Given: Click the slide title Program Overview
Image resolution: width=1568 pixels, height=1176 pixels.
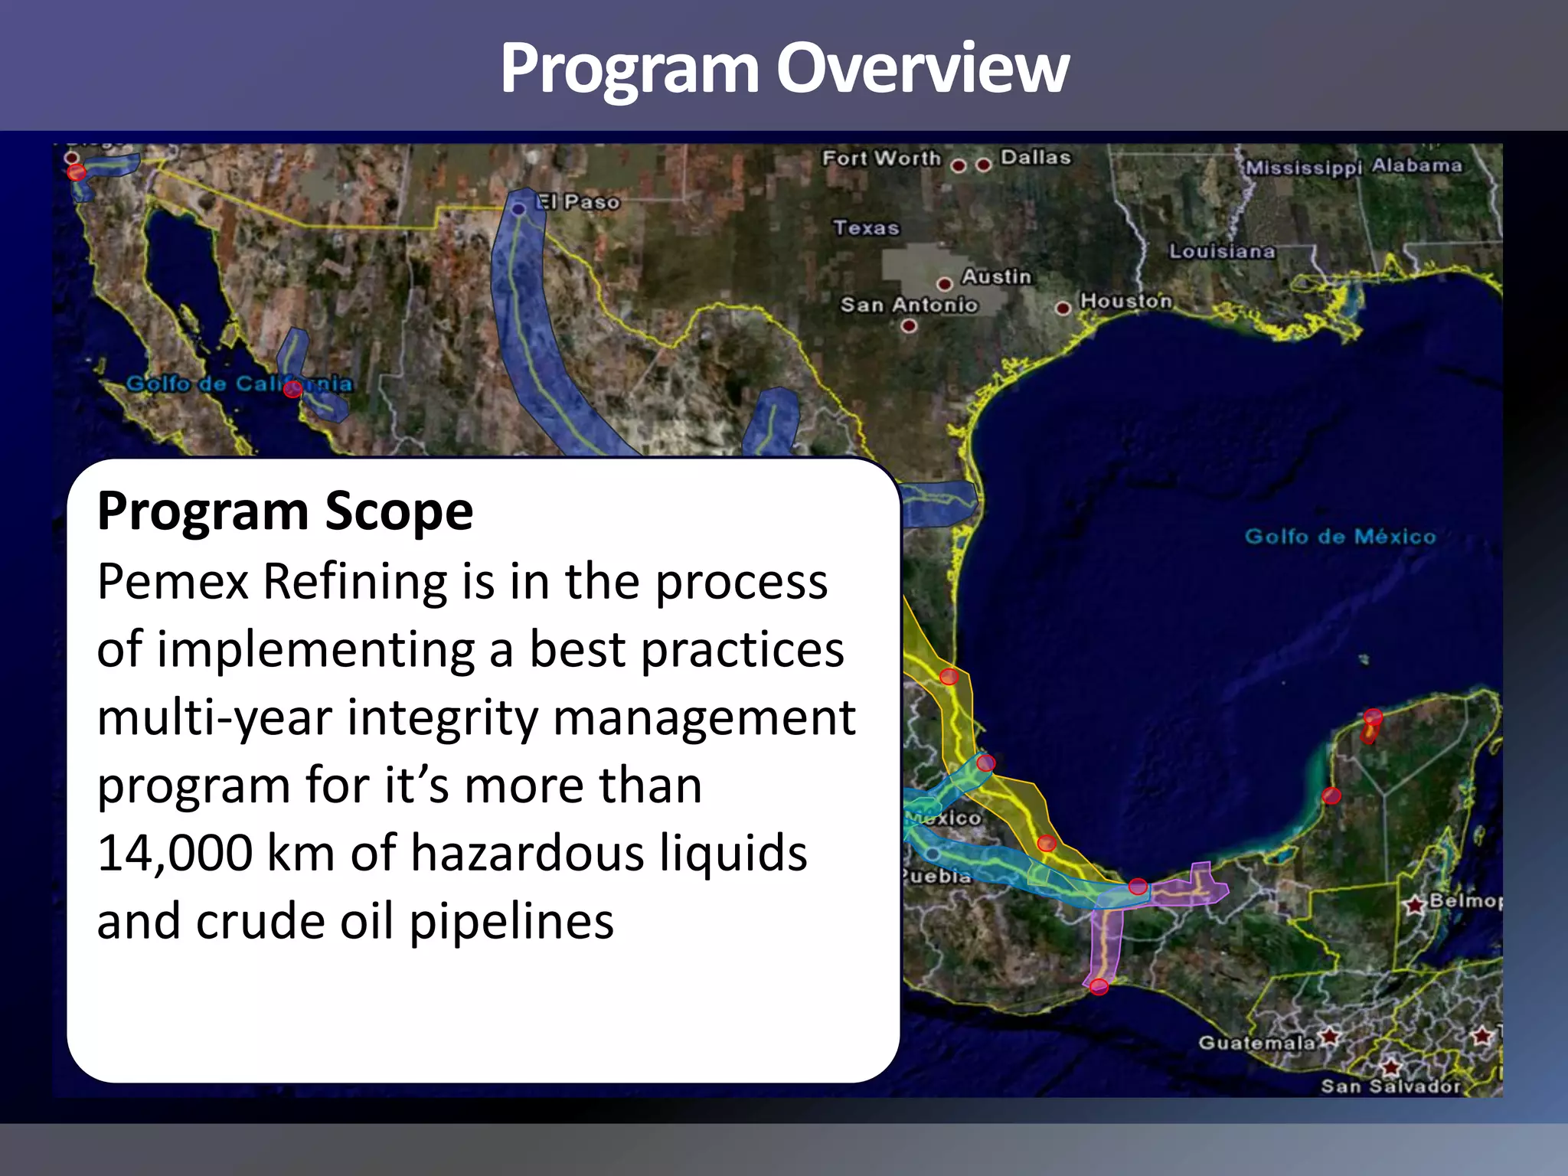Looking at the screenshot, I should (784, 69).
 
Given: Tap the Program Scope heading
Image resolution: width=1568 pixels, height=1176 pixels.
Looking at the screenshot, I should (285, 511).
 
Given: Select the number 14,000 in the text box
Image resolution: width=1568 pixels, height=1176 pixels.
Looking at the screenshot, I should (175, 853).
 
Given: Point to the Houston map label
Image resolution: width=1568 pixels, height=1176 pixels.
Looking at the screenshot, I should (1125, 301).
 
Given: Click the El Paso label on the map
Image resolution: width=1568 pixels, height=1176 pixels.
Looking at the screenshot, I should (577, 202).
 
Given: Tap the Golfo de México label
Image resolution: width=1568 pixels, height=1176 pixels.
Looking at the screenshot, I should (1340, 536).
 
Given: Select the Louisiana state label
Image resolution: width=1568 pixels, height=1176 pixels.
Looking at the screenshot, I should (1222, 251).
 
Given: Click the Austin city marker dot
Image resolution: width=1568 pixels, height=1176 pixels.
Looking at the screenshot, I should (945, 284).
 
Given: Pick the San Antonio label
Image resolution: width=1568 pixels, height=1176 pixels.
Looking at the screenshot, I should (909, 305).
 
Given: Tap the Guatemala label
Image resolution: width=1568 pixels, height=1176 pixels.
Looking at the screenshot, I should (1256, 1043).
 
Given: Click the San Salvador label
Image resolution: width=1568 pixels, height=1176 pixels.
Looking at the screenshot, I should (1390, 1086).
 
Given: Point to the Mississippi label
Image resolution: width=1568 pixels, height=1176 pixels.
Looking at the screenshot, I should (1304, 167).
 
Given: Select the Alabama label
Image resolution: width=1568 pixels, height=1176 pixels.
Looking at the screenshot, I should (1416, 165).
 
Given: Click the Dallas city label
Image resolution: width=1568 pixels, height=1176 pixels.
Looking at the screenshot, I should (1035, 157).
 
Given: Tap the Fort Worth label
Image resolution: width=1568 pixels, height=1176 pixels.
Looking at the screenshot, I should (881, 158).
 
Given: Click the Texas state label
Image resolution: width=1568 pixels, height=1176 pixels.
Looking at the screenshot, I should (866, 227).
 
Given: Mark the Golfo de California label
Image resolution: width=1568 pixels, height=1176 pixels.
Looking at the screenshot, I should (239, 384).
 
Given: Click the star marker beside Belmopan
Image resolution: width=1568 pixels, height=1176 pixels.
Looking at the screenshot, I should (1415, 906).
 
